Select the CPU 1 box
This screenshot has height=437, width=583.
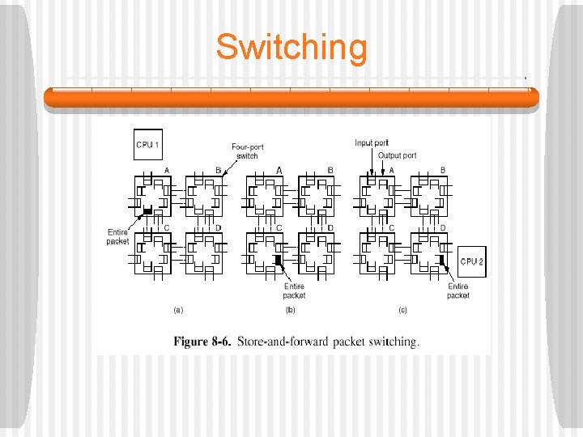(147, 145)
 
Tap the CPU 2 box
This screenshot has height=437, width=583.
(471, 261)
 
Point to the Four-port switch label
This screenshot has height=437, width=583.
(247, 151)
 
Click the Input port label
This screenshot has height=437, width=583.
(372, 143)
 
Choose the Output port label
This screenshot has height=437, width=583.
(398, 155)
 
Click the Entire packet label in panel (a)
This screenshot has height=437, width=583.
(117, 236)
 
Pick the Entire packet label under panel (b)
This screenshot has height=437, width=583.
(294, 291)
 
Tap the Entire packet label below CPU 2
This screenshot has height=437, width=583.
(457, 291)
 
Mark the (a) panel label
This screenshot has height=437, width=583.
(179, 310)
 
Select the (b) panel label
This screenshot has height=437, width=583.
(291, 310)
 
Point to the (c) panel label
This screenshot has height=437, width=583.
(402, 310)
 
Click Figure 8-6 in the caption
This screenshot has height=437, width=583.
(202, 341)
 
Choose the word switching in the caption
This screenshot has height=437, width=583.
(393, 341)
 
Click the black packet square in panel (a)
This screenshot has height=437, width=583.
(147, 211)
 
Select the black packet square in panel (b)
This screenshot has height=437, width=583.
(278, 260)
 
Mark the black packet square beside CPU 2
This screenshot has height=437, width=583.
(442, 260)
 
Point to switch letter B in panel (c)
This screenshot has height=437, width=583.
(442, 170)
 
